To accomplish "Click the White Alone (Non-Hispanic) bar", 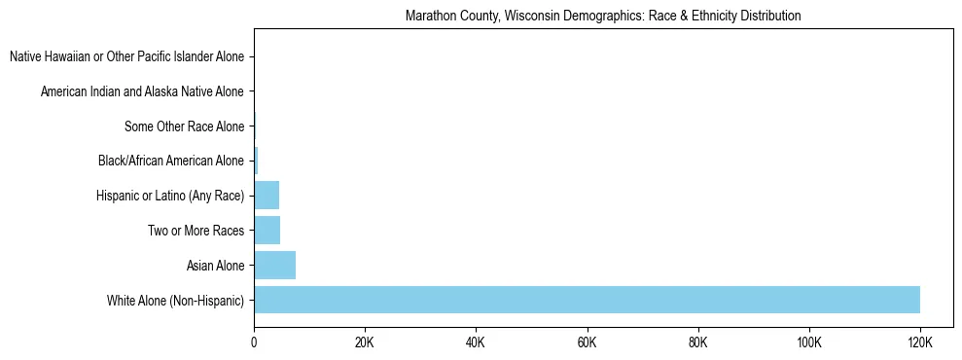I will pyautogui.click(x=587, y=300).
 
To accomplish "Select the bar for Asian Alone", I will pyautogui.click(x=274, y=266).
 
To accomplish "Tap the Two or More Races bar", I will pyautogui.click(x=267, y=231).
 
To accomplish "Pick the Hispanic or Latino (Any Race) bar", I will pyautogui.click(x=267, y=196).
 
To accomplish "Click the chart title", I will pyautogui.click(x=603, y=16).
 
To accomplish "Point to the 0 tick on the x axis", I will pyautogui.click(x=254, y=342).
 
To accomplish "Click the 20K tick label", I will pyautogui.click(x=365, y=342).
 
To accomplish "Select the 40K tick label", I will pyautogui.click(x=476, y=342).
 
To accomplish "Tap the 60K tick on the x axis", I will pyautogui.click(x=587, y=342).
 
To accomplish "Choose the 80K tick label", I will pyautogui.click(x=697, y=342).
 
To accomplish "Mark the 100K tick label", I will pyautogui.click(x=808, y=342).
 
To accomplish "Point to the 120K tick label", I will pyautogui.click(x=919, y=342).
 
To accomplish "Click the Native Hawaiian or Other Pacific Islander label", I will pyautogui.click(x=126, y=57).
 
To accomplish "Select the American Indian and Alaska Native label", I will pyautogui.click(x=142, y=92).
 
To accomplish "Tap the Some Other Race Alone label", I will pyautogui.click(x=185, y=126).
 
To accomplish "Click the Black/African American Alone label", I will pyautogui.click(x=171, y=162).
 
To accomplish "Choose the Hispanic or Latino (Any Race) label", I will pyautogui.click(x=170, y=197).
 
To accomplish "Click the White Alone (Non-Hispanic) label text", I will pyautogui.click(x=176, y=301).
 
